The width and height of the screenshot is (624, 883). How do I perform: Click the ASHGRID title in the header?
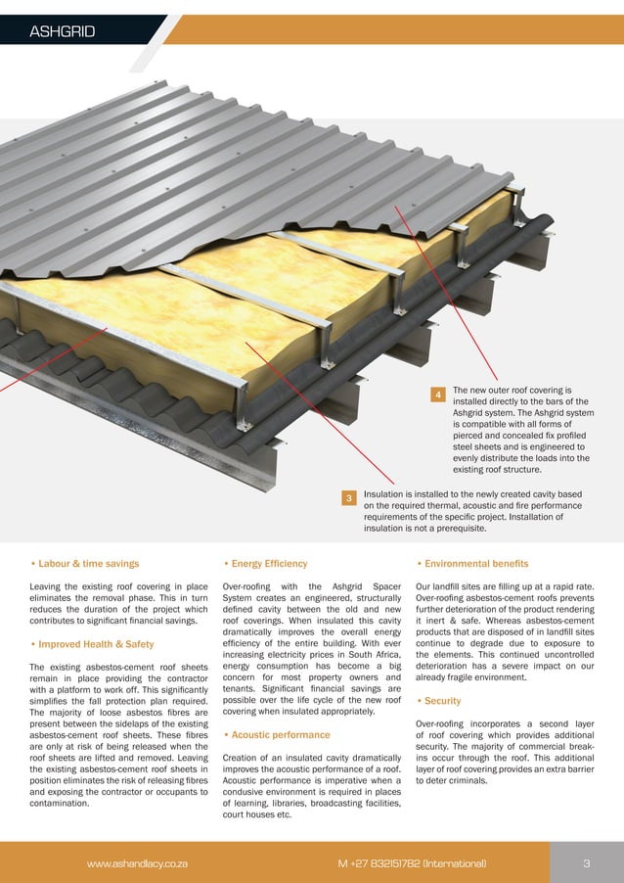62,31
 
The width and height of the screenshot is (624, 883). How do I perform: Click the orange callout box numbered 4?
438,394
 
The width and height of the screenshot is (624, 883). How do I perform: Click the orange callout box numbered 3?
348,499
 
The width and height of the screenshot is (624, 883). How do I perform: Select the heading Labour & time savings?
88,564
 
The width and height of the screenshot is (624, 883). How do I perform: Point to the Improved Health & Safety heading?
95,644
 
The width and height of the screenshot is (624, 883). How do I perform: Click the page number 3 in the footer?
586,863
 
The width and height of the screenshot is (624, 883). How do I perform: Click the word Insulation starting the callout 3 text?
386,494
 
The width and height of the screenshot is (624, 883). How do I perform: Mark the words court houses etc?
257,814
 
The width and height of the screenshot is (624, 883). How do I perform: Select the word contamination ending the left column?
61,803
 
